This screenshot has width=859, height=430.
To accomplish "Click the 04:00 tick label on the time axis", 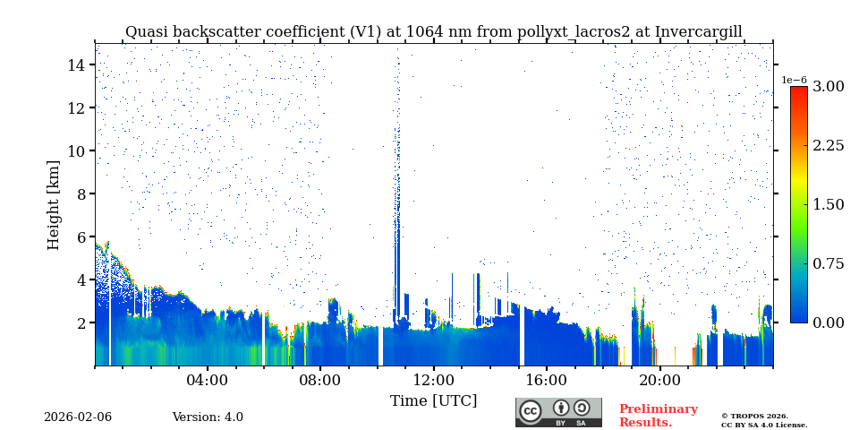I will (207, 380).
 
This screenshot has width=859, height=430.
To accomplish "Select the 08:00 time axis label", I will (319, 380).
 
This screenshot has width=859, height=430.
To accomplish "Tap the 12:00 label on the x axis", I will (433, 380).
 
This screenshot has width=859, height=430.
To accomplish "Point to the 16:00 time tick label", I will (546, 380).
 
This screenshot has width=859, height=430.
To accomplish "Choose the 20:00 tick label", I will (659, 380).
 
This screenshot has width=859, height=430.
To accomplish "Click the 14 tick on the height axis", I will (76, 64).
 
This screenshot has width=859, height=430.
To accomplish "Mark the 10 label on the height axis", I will (76, 150).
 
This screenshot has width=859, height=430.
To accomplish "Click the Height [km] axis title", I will (54, 204).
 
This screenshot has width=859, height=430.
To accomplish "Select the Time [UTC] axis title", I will (433, 400).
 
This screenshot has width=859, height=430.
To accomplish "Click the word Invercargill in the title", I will (698, 32).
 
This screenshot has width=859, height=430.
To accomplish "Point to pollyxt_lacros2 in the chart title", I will (573, 32).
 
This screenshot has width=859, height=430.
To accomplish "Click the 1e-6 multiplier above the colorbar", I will (795, 80).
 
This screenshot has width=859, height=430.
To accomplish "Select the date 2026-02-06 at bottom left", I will (78, 417).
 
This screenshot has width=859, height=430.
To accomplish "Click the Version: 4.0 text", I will (208, 417).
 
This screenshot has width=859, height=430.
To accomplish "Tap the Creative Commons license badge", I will (558, 412).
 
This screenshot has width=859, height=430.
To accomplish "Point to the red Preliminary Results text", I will (658, 416).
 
